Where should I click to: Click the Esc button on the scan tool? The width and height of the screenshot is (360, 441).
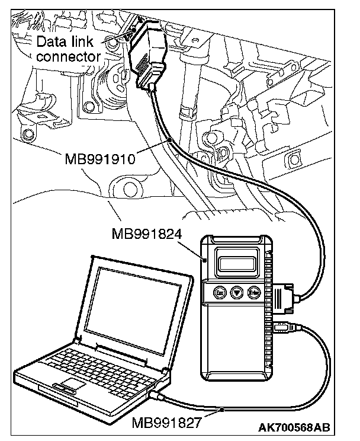[x=218, y=292]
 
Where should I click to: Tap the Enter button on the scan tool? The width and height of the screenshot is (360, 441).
[x=255, y=292]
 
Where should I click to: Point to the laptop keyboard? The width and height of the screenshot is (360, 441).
[x=98, y=363]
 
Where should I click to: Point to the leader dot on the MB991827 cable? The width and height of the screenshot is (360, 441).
[x=221, y=410]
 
